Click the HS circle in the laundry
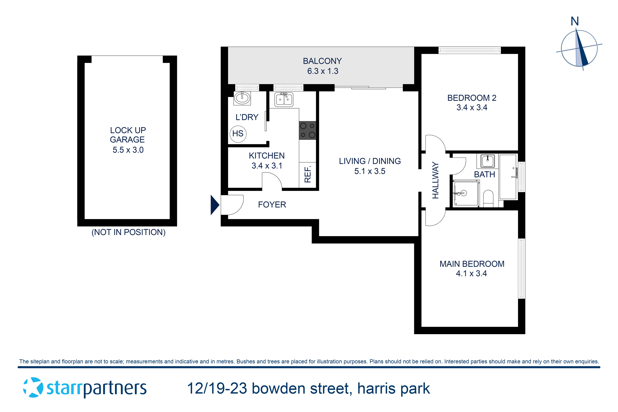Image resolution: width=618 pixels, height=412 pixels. click(x=238, y=134)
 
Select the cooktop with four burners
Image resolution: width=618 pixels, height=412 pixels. click(x=307, y=130)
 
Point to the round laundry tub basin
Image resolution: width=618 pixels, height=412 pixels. click(x=242, y=98)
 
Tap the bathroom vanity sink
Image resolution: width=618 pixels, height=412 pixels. click(x=487, y=161)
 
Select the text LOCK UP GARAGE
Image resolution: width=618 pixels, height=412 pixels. click(x=128, y=135)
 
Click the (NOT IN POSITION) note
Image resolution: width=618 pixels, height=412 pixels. click(x=128, y=232)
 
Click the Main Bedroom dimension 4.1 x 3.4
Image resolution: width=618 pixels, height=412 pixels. click(x=471, y=274)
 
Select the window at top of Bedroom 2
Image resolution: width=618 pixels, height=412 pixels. click(x=470, y=50)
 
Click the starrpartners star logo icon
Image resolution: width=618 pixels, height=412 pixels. click(x=33, y=388)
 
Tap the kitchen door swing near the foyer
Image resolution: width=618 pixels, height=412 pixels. click(x=272, y=181)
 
